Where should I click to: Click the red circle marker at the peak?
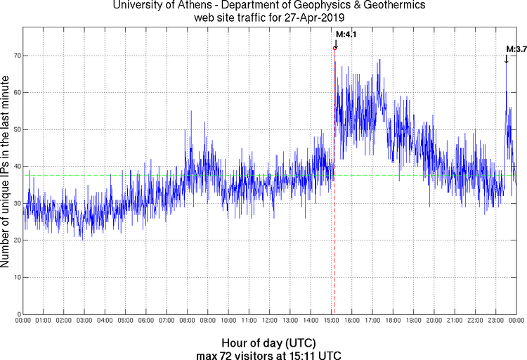tap(334, 48)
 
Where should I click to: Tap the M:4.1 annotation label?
tap(346, 34)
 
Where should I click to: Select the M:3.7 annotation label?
tap(517, 49)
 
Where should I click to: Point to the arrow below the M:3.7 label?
tap(506, 58)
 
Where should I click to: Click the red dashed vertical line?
tap(334, 211)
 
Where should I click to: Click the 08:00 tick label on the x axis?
tap(188, 321)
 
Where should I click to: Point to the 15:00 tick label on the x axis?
tap(332, 321)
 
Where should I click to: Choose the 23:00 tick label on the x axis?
tap(496, 321)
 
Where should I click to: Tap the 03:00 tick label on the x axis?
tap(84, 321)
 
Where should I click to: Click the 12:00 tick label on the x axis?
tap(270, 321)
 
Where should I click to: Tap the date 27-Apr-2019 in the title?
tap(303, 17)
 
